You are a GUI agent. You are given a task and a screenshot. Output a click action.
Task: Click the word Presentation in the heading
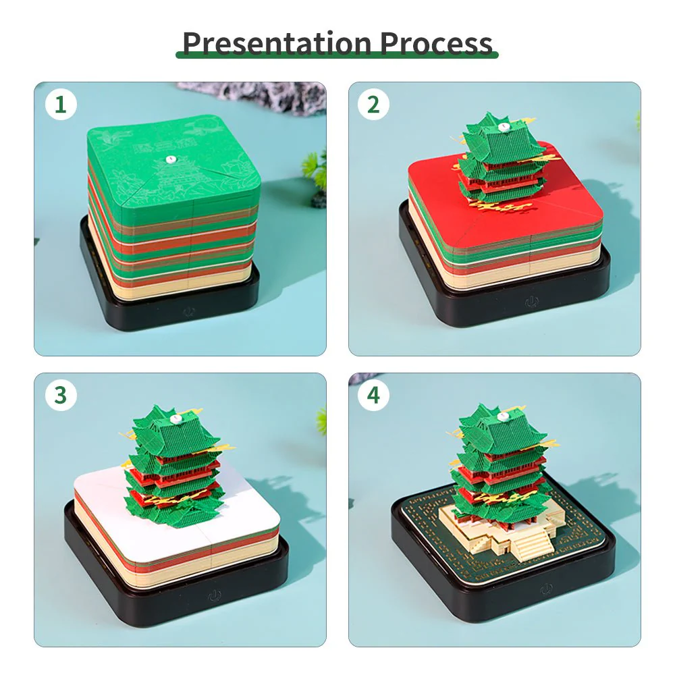click(277, 43)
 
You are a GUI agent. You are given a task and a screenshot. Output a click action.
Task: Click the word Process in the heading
click(435, 43)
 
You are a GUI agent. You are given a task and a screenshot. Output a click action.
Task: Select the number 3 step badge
click(61, 396)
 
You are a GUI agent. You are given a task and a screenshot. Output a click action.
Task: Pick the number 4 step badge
click(373, 396)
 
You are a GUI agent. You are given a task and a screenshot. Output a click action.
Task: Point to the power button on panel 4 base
click(545, 589)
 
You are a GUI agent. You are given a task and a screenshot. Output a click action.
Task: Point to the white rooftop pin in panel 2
click(502, 126)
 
